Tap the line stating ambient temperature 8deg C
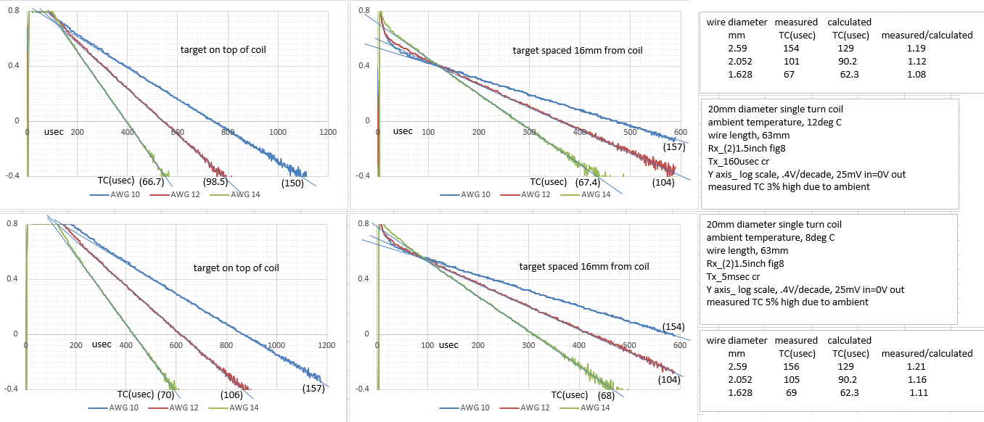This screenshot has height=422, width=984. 766,237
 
